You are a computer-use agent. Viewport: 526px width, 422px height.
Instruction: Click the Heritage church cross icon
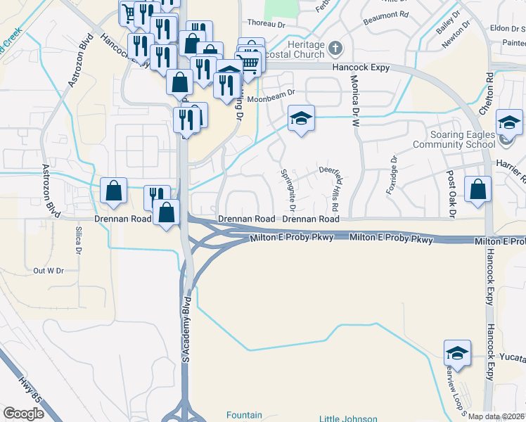coord(335,49)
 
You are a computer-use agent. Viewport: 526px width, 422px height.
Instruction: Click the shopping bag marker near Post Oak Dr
coord(478,190)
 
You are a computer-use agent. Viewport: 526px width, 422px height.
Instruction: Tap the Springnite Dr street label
coord(288,189)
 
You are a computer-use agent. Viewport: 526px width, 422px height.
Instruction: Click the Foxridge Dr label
coord(392,170)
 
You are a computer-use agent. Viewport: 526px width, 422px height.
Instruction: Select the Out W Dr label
coord(49,270)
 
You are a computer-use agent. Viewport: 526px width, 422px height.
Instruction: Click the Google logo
coord(24,414)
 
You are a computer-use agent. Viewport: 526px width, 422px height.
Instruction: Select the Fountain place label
coord(244,415)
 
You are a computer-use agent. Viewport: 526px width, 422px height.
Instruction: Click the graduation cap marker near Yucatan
coord(457,354)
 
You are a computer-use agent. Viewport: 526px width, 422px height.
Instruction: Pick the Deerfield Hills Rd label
coord(331,188)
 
